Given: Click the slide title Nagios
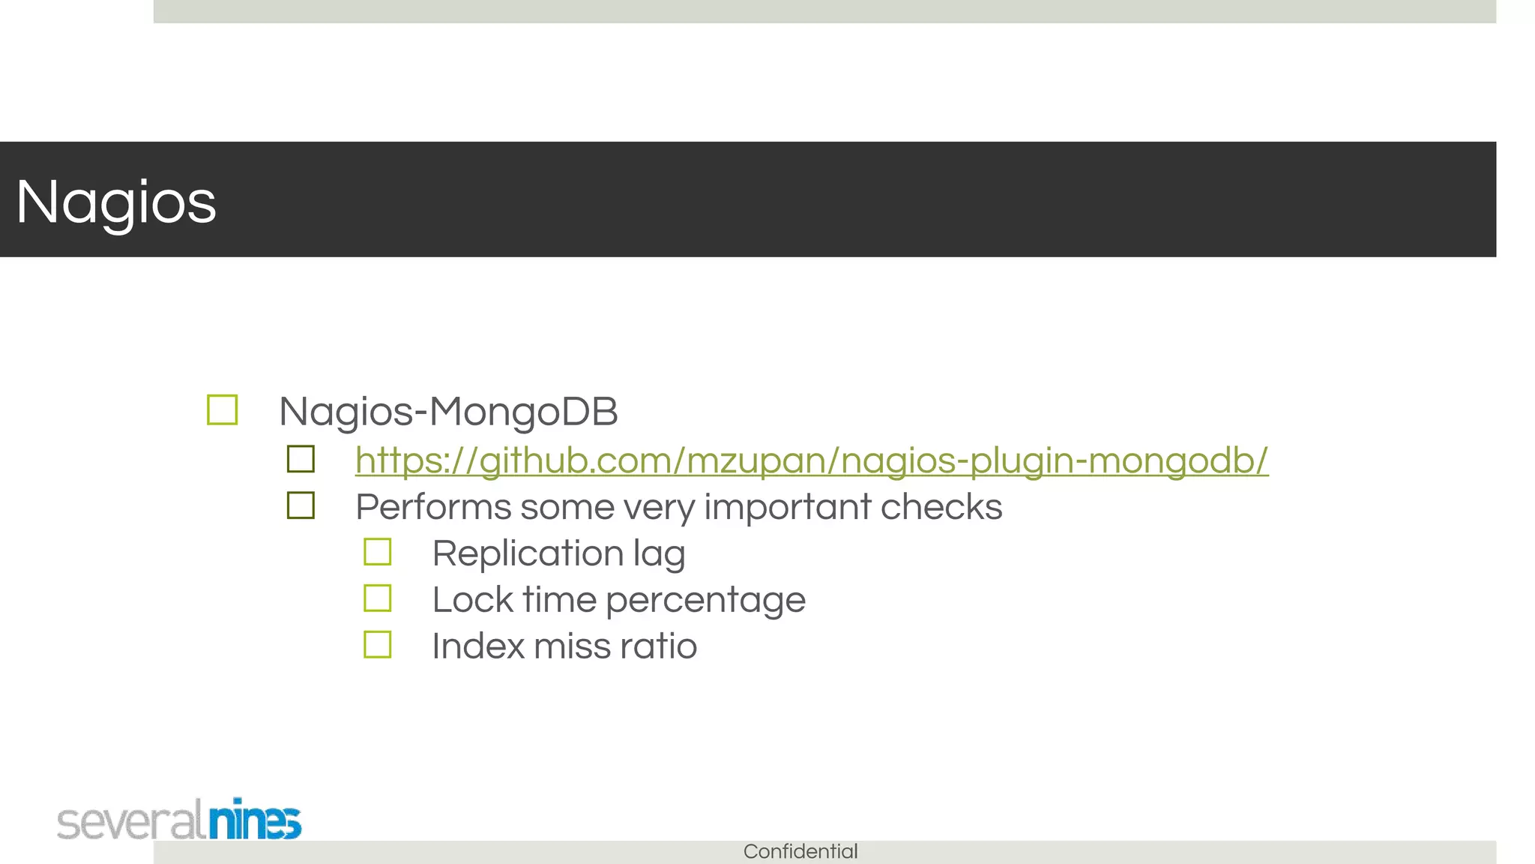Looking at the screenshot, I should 116,202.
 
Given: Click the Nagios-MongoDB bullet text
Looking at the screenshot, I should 448,412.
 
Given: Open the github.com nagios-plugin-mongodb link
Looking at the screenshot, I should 812,460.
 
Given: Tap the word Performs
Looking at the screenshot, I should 433,507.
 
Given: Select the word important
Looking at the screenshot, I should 787,508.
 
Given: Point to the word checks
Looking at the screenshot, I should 941,507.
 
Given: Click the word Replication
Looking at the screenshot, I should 528,553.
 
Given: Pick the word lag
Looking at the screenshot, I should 659,555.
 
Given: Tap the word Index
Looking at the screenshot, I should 477,646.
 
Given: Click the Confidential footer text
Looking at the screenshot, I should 800,851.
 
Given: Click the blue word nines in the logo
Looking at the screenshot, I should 255,820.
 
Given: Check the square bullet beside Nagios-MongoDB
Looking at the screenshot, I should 223,410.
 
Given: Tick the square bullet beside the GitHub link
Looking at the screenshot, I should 301,459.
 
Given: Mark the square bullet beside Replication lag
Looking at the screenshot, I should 378,552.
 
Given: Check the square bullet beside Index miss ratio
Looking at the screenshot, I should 378,645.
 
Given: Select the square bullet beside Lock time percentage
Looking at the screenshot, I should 378,598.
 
